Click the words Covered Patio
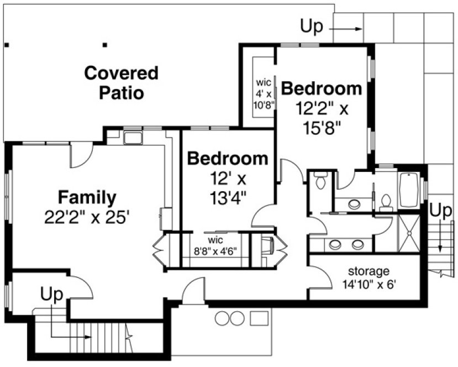point(121,82)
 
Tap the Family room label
point(87,197)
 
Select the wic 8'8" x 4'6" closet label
point(215,245)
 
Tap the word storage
point(368,271)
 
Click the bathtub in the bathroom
point(409,191)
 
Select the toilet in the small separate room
point(320,181)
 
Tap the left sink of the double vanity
point(335,244)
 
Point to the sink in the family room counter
point(133,137)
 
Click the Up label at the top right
point(311,27)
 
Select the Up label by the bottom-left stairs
point(52,293)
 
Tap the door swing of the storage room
point(318,281)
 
